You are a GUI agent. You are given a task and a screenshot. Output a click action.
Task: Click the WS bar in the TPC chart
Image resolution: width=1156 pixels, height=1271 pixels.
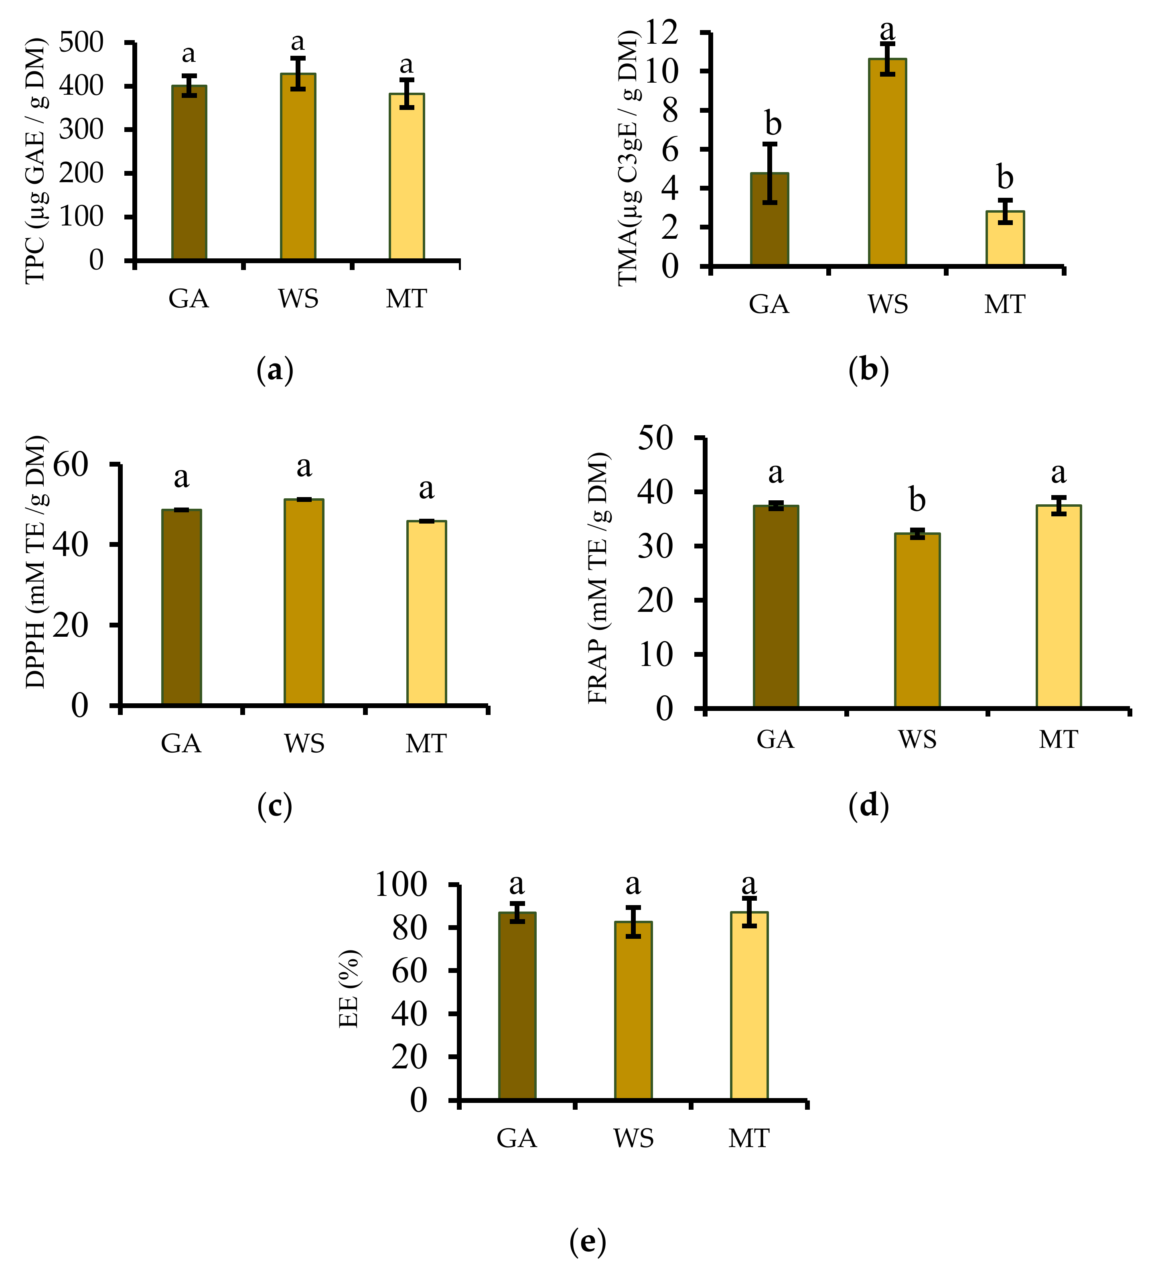tap(298, 167)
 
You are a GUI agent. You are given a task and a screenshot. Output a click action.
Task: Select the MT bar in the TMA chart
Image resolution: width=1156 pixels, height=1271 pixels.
tap(1005, 239)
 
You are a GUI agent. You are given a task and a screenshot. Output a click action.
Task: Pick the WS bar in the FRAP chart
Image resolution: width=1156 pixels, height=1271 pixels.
tap(917, 621)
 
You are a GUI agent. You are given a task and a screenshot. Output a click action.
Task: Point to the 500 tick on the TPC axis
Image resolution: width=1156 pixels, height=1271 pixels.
tap(81, 43)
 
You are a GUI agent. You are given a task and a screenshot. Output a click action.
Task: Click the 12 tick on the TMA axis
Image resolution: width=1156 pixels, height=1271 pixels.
tap(661, 32)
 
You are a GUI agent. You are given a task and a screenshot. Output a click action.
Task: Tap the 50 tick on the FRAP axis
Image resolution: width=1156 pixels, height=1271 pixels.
tap(655, 438)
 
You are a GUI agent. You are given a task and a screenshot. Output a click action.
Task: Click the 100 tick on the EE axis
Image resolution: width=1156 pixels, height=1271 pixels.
tap(401, 885)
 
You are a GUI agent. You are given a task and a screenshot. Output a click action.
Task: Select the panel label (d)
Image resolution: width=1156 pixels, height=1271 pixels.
tap(868, 806)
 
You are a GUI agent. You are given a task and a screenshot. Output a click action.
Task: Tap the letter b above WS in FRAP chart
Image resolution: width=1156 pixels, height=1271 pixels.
tap(917, 500)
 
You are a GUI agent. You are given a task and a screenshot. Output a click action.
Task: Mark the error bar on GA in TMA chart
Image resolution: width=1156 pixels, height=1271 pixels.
tap(770, 173)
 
